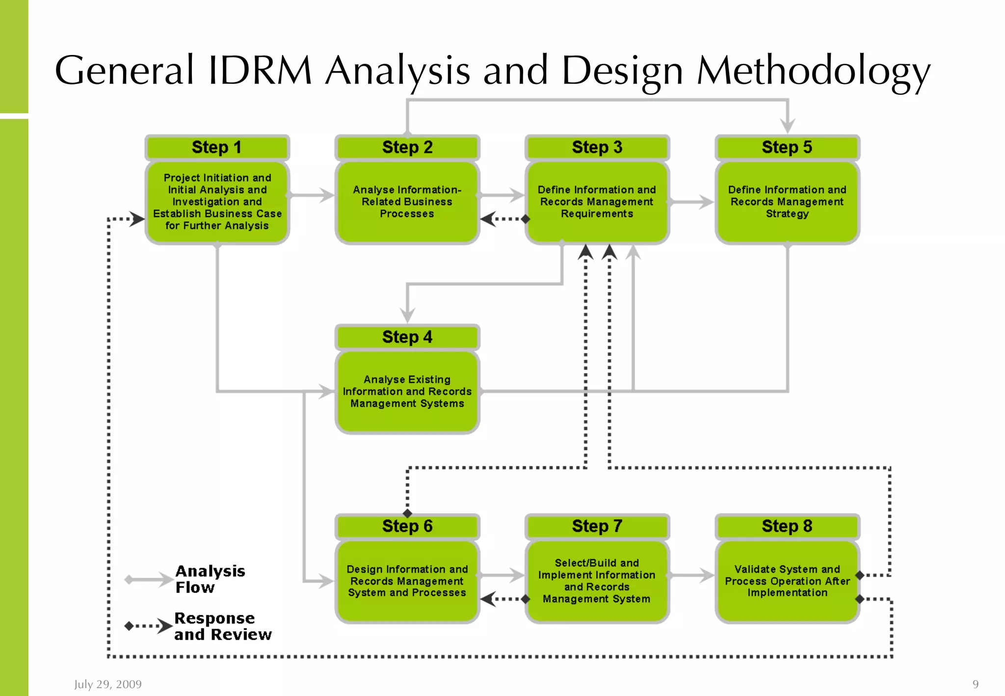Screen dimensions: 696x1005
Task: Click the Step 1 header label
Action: [217, 147]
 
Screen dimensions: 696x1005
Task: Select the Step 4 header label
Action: [407, 337]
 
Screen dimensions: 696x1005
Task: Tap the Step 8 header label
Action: [787, 526]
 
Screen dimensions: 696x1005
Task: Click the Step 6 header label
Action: [407, 526]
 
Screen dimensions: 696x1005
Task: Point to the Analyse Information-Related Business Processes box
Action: [407, 202]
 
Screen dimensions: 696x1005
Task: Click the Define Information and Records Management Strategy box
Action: [787, 202]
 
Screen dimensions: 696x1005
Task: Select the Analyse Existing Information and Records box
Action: [407, 391]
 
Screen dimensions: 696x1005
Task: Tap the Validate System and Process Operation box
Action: [787, 581]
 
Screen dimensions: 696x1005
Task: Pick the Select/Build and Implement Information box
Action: [597, 581]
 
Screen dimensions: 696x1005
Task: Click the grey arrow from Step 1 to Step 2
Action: [312, 195]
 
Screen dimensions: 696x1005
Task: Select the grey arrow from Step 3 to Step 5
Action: [692, 202]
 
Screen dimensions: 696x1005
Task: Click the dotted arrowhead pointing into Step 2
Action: [488, 219]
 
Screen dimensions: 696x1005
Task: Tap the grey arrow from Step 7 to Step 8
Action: [692, 575]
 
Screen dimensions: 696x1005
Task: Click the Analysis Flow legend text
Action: [210, 579]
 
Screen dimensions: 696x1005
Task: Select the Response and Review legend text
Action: [222, 626]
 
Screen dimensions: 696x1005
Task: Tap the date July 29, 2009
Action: [107, 684]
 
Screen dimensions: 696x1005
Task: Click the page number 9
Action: [976, 684]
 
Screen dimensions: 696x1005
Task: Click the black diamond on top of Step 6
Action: [407, 513]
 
